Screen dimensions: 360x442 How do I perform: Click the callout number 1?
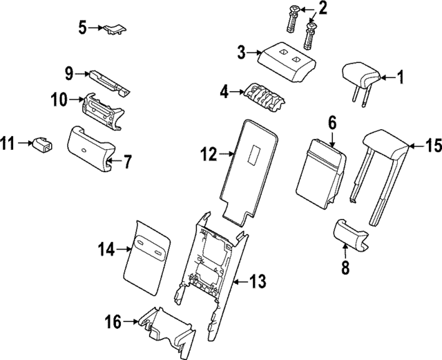tap(398, 78)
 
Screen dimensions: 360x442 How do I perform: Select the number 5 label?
tap(82, 28)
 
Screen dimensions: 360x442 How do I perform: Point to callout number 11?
tap(7, 144)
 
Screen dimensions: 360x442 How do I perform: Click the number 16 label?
tap(113, 321)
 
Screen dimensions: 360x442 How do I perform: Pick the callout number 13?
tap(258, 281)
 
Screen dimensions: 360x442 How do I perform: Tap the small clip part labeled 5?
tap(115, 28)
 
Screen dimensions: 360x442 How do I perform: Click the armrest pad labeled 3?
tap(288, 61)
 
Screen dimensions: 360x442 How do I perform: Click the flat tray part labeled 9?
tap(108, 80)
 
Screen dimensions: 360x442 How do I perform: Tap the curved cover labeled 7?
tap(89, 146)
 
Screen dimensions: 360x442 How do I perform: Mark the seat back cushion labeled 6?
tap(320, 170)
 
